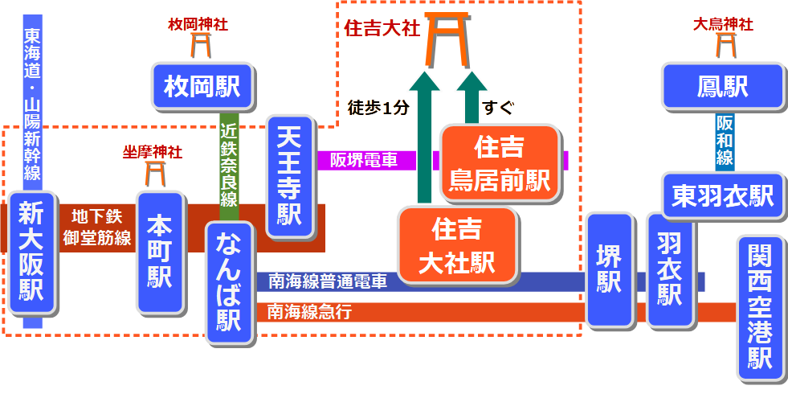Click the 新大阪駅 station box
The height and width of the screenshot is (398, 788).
pyautogui.click(x=32, y=252)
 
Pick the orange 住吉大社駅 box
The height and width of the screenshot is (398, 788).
pyautogui.click(x=456, y=245)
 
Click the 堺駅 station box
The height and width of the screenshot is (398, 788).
pyautogui.click(x=609, y=270)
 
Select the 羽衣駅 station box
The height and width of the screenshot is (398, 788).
pyautogui.click(x=670, y=269)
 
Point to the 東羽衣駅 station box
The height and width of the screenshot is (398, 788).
pyautogui.click(x=723, y=195)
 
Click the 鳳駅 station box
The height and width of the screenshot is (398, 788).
pyautogui.click(x=722, y=86)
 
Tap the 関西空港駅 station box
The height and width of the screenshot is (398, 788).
pyautogui.click(x=759, y=307)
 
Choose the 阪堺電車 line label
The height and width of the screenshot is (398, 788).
pyautogui.click(x=364, y=159)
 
